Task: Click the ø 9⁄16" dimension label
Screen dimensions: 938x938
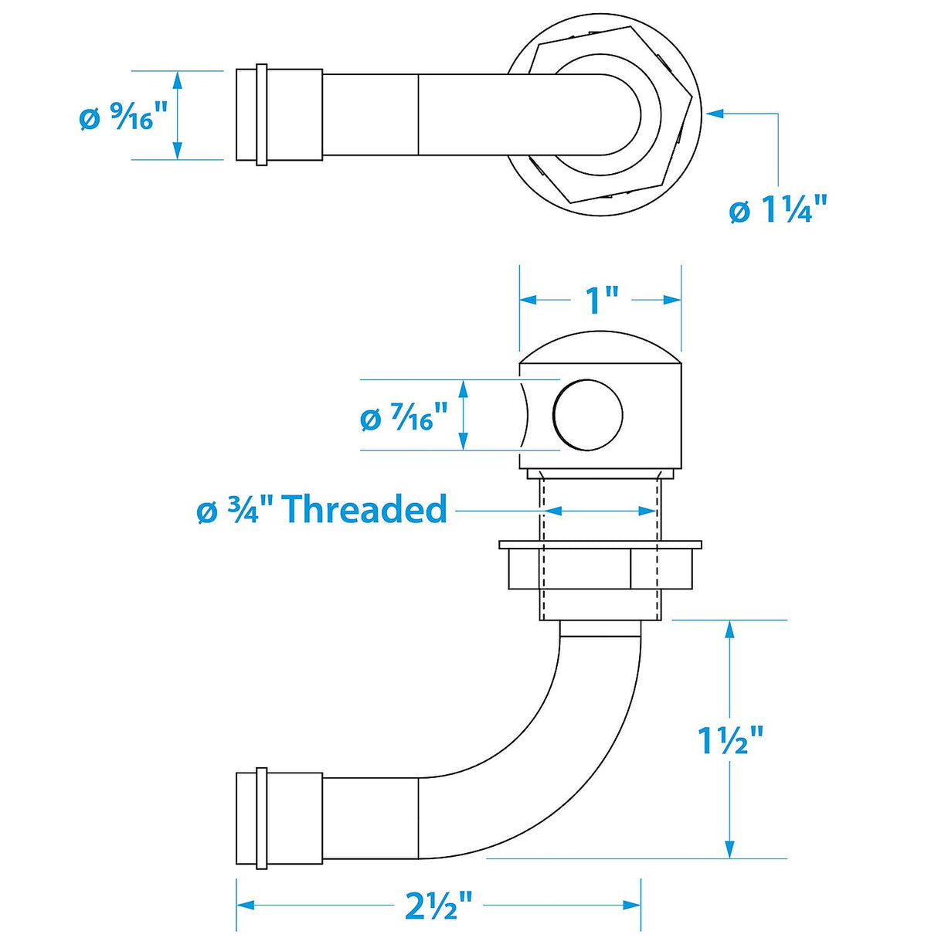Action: [x=124, y=118]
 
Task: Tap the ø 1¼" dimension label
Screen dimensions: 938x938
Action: [x=778, y=209]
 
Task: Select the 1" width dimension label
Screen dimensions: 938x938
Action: [x=602, y=300]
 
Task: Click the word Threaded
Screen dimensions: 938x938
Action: [x=365, y=510]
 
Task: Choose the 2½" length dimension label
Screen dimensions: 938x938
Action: [x=438, y=905]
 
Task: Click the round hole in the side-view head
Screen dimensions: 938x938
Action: [x=588, y=415]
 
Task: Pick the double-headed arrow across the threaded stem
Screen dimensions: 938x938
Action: [x=600, y=511]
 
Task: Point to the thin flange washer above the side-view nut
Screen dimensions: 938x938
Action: [x=600, y=545]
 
